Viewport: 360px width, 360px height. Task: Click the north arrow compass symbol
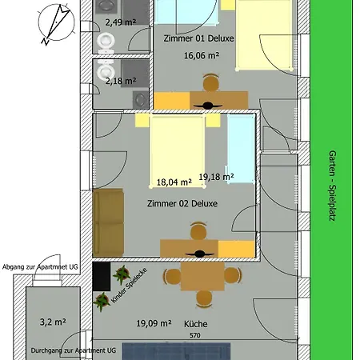56,23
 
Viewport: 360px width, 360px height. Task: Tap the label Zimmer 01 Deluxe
198,38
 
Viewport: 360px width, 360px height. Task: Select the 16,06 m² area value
202,55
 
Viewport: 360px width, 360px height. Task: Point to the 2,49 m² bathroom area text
121,22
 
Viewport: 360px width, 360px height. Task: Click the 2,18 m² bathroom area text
121,81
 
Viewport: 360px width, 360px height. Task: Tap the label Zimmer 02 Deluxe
182,203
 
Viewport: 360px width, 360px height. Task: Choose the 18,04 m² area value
174,182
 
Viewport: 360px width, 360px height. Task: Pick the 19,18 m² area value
216,177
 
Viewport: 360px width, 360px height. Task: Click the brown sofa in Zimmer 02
108,222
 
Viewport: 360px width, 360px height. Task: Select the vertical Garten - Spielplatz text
332,186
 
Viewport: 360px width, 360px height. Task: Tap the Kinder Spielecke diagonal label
129,286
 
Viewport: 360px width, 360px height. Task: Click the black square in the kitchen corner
102,276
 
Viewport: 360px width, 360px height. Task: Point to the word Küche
196,324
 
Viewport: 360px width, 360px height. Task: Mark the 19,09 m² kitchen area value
154,323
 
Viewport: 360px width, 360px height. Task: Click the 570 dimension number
195,335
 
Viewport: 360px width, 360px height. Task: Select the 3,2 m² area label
53,322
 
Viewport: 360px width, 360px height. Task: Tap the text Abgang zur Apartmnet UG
40,267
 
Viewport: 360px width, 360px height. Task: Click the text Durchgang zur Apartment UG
74,350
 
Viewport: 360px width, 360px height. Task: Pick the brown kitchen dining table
202,276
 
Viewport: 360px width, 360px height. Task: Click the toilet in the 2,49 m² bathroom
106,43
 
